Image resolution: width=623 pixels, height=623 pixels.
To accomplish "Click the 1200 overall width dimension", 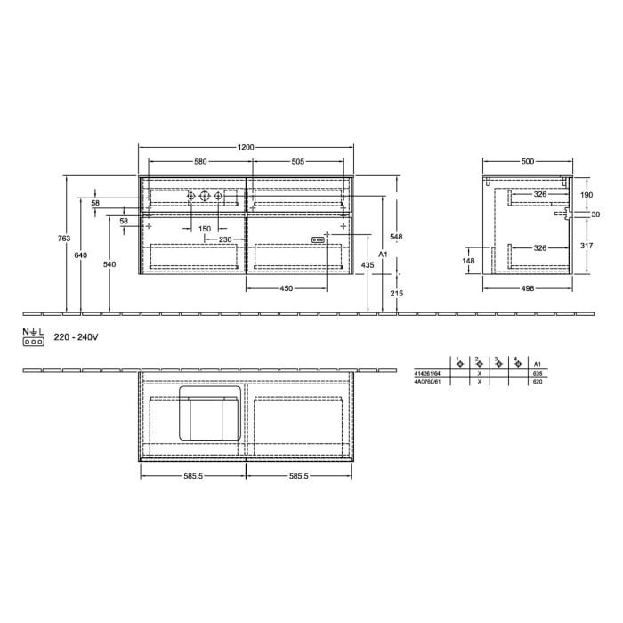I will click(x=247, y=147).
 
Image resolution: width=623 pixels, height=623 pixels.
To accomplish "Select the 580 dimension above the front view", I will click(x=200, y=161).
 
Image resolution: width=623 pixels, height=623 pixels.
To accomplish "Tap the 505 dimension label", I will click(x=297, y=161).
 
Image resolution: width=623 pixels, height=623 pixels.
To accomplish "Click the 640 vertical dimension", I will click(x=81, y=255).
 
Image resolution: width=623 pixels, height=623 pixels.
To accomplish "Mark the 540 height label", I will click(x=109, y=264).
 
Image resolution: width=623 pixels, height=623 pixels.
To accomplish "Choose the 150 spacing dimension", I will click(x=204, y=229).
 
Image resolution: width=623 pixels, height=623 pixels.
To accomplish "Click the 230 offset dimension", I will click(x=225, y=239).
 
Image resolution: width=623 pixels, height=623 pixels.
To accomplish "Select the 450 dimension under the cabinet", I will click(x=287, y=287).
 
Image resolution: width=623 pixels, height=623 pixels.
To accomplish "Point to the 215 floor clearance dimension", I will click(x=397, y=293).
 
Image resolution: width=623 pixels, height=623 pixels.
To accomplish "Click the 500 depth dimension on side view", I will click(x=527, y=161).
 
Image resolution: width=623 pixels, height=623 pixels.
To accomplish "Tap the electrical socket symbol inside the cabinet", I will click(x=316, y=239).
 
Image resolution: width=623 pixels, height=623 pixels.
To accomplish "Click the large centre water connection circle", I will click(x=204, y=196).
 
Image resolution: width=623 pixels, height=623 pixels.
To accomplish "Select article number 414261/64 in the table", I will click(x=427, y=374).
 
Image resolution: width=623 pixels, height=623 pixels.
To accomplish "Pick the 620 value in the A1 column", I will click(x=537, y=382).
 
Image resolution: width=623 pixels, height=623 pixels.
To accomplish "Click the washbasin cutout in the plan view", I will click(x=209, y=414).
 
